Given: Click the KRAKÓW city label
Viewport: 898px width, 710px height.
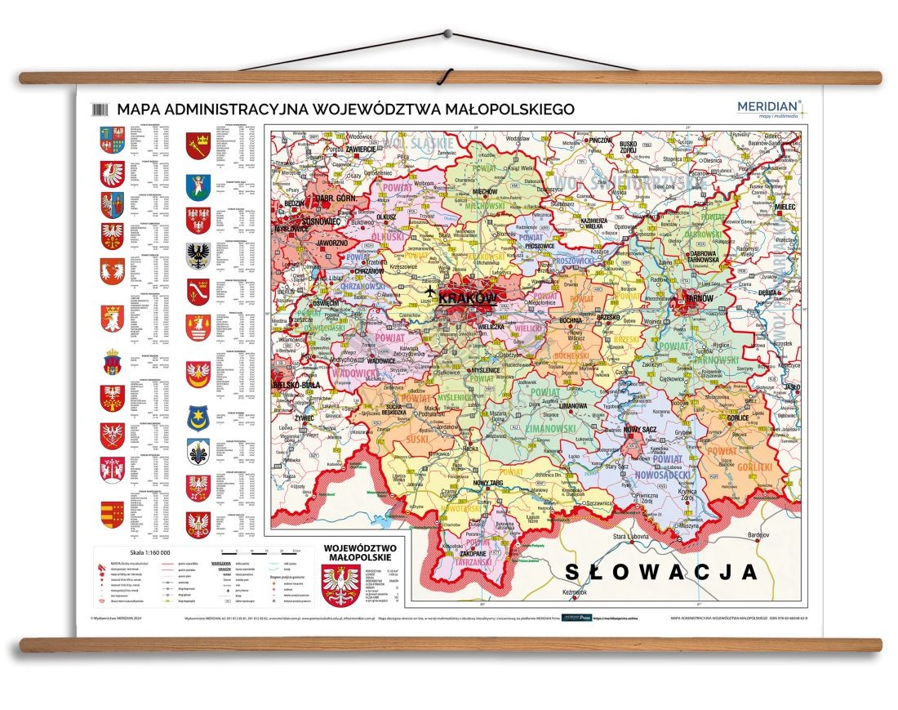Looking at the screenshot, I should (x=468, y=299).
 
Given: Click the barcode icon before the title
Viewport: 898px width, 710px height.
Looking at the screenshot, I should (x=101, y=109).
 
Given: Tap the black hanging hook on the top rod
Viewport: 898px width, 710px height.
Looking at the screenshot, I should (x=442, y=79).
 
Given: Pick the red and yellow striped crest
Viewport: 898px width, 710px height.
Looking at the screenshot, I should (x=112, y=514).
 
